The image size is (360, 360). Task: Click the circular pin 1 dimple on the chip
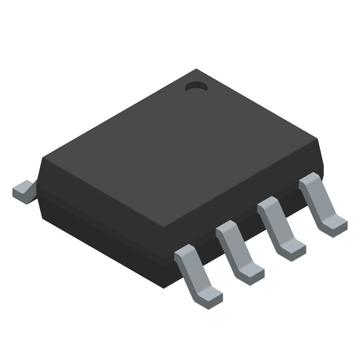pyautogui.click(x=196, y=87)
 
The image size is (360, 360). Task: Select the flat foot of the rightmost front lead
pyautogui.click(x=335, y=225)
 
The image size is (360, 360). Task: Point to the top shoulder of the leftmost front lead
pyautogui.click(x=184, y=253)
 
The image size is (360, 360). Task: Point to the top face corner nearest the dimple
pyautogui.click(x=196, y=69)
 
